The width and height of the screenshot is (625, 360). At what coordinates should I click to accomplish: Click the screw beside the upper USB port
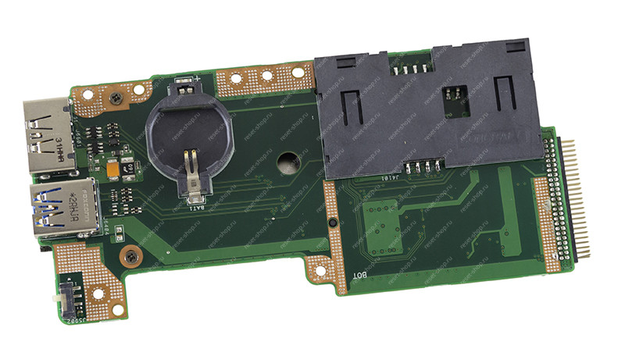(115, 97)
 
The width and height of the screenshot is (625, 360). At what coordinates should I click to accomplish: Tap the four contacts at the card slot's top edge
(411, 68)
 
